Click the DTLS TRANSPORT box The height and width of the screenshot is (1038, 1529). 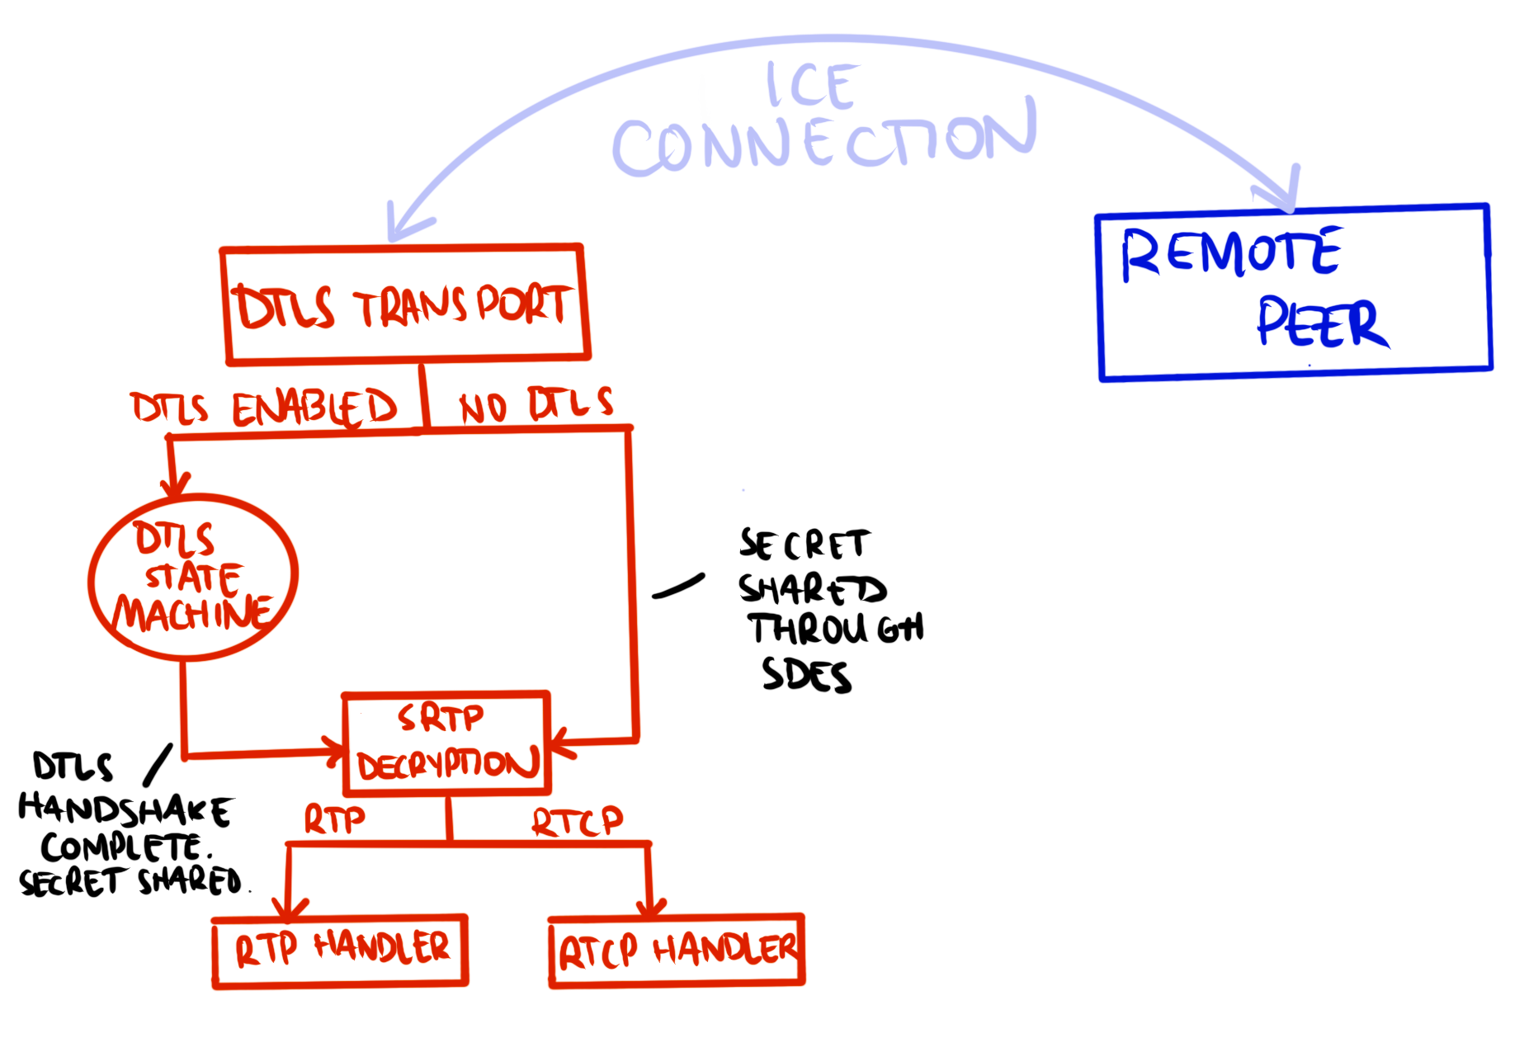pos(404,305)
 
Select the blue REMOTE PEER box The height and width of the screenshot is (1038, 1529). pos(1294,293)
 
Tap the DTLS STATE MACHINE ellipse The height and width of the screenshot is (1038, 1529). pos(193,578)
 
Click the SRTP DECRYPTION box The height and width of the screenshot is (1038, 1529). pos(446,743)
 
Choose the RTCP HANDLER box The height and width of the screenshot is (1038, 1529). pos(677,951)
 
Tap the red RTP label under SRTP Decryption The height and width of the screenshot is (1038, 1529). pos(334,819)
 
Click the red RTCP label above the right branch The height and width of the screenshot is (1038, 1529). pos(577,821)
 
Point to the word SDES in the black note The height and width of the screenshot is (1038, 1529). pos(806,675)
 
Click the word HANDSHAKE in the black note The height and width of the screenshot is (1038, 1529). pos(125,809)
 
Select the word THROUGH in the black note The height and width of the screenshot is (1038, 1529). pos(837,629)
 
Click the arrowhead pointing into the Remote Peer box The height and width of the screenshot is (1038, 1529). pos(1283,198)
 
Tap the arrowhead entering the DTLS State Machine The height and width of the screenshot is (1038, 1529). pos(175,487)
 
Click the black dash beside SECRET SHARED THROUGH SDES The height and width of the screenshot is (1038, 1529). pos(678,586)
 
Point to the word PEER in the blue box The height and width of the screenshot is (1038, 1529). pos(1322,323)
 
